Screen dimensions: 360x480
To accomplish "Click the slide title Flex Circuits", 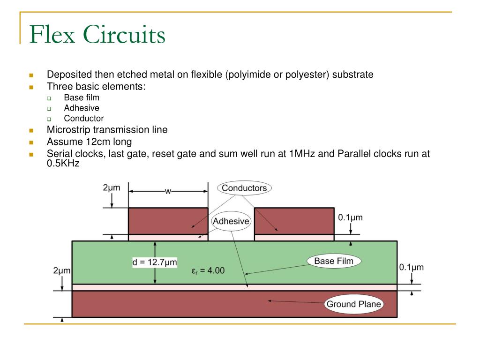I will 97,35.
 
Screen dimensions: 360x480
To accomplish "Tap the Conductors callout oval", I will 244,188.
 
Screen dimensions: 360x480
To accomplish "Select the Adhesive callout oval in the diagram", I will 231,221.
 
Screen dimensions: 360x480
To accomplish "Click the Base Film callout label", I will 333,261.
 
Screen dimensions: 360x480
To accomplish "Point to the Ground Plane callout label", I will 354,304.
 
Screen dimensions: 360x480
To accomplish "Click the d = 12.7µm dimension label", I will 155,262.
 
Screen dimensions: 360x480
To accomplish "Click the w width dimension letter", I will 168,191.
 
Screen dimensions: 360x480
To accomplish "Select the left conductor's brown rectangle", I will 168,221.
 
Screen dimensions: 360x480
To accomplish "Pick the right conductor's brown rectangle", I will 294,221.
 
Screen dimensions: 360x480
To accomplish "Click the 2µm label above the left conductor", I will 112,188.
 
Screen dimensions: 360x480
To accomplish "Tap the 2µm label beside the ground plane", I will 62,270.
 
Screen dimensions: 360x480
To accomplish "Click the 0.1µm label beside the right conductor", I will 350,217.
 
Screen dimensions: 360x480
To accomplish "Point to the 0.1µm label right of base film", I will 411,267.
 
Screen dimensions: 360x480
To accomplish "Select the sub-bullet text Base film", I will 82,97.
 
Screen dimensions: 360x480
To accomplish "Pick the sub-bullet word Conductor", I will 84,119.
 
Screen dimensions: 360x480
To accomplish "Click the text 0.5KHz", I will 63,164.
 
